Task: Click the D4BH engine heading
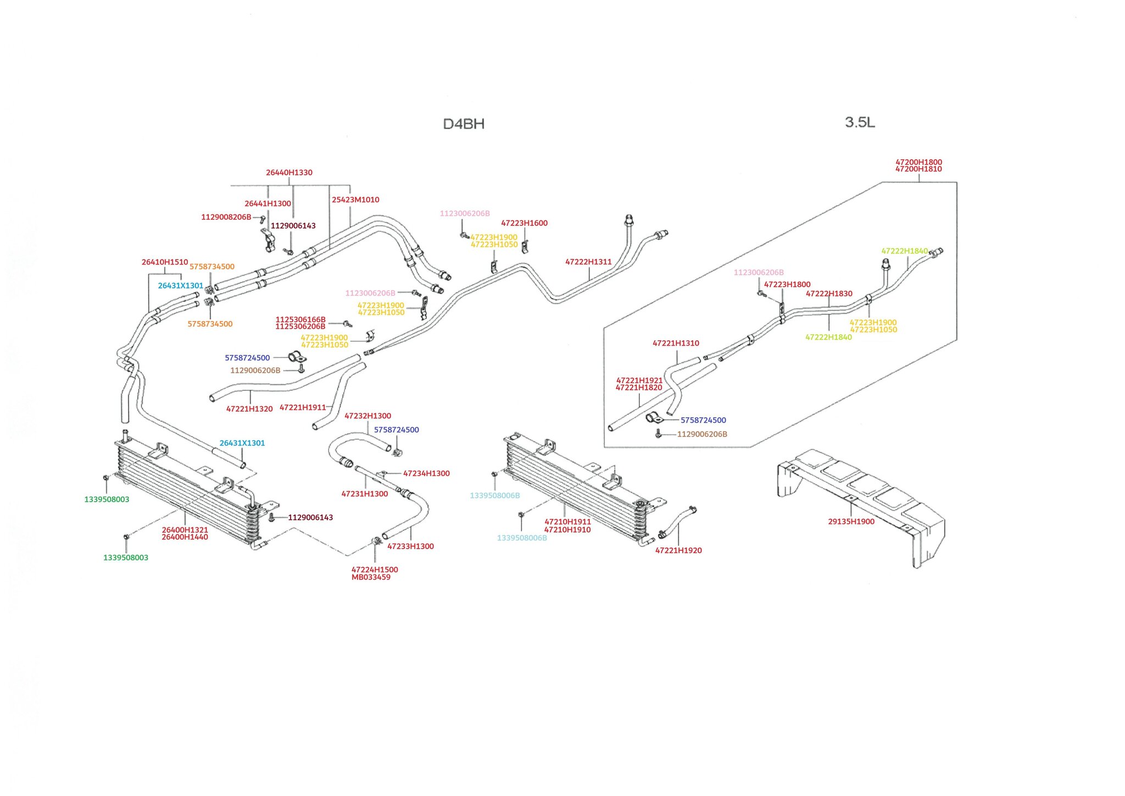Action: tap(464, 124)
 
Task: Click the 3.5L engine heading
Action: tap(860, 122)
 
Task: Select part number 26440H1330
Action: tap(289, 173)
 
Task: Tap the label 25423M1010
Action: tap(355, 200)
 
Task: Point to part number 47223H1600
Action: tap(524, 223)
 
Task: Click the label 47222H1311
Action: tap(588, 262)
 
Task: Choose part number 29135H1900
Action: tap(851, 522)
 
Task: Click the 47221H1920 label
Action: tap(678, 550)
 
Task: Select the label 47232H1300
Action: tap(367, 416)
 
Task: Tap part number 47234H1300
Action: tap(426, 473)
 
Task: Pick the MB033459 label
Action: tap(371, 577)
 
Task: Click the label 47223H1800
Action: tap(787, 285)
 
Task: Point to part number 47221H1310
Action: tap(676, 344)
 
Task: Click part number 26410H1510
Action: tap(165, 262)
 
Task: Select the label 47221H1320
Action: tap(249, 409)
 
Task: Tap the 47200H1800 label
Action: tap(918, 162)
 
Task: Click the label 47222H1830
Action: tap(829, 294)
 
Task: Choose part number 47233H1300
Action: tap(410, 546)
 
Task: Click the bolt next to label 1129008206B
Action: tap(263, 219)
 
